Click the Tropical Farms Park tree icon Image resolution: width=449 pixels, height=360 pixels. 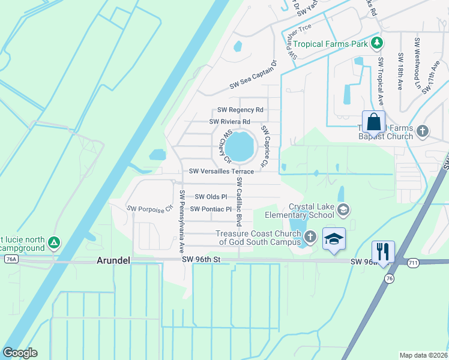click(x=376, y=43)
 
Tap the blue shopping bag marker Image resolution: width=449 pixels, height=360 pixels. click(x=373, y=122)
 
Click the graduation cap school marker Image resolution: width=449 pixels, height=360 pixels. click(x=334, y=239)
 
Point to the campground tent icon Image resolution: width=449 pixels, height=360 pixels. click(x=54, y=242)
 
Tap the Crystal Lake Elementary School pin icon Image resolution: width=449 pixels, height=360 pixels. click(x=343, y=209)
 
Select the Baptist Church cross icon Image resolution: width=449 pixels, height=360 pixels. click(x=423, y=130)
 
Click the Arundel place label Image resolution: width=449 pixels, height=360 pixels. click(x=113, y=260)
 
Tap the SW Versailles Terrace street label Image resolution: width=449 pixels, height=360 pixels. click(x=221, y=172)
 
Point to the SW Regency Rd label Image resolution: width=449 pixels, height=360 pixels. click(x=240, y=110)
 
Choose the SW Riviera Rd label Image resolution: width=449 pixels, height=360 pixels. click(x=229, y=122)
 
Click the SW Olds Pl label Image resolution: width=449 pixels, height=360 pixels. click(x=211, y=197)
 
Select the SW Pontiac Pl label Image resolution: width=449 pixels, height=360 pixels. click(x=211, y=209)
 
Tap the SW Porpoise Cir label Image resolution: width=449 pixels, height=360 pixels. click(x=149, y=208)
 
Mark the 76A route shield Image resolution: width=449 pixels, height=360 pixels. click(x=11, y=259)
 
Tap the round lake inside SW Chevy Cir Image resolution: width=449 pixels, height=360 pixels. click(x=241, y=146)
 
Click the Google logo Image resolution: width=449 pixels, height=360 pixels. click(x=20, y=353)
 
